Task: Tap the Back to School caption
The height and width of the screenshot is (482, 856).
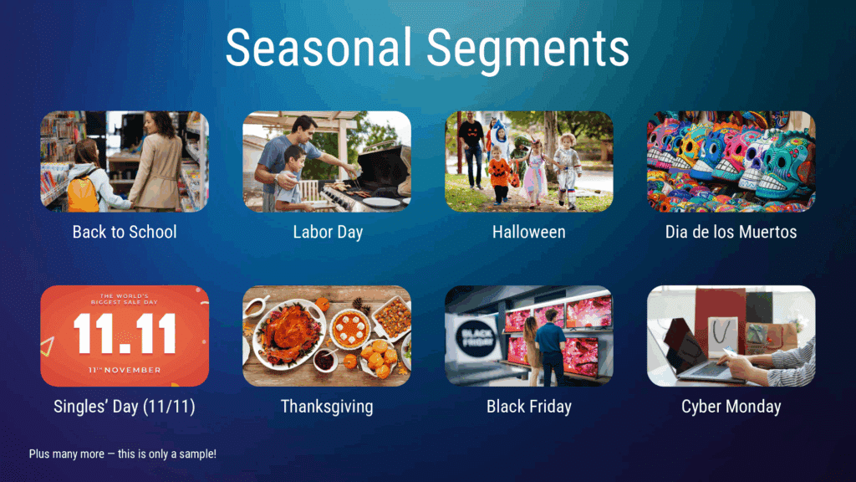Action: (x=125, y=232)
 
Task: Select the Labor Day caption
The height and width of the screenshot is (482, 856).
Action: (x=328, y=232)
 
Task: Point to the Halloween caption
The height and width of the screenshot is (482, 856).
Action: (x=528, y=232)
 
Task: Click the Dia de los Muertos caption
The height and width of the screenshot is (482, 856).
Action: (x=731, y=232)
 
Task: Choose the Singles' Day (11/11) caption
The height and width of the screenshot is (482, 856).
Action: (x=125, y=407)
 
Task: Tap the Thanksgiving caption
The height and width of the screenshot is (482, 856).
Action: (x=327, y=407)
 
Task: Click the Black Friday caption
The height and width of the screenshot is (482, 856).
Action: (x=529, y=407)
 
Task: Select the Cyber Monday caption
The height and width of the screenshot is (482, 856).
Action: (x=731, y=407)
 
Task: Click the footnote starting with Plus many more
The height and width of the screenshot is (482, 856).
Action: (x=123, y=454)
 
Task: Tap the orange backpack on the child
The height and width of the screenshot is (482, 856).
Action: (x=83, y=192)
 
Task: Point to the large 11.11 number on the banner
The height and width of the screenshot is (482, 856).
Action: (x=125, y=333)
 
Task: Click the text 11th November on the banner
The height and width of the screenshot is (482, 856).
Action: (x=125, y=368)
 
